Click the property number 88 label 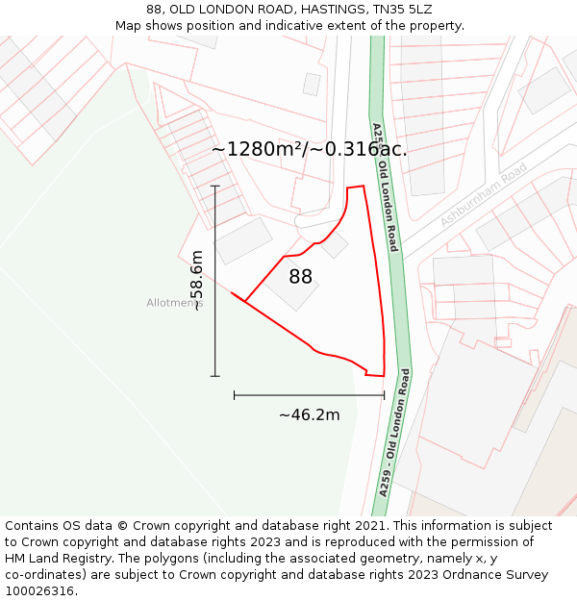click(x=300, y=277)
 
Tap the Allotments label click(x=174, y=303)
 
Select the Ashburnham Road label click(x=484, y=195)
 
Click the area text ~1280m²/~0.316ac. click(x=309, y=149)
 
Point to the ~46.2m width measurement click(x=309, y=414)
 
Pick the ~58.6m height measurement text click(x=197, y=281)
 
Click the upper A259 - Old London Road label click(x=385, y=188)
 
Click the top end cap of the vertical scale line click(x=214, y=186)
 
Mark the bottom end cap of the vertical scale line click(x=214, y=376)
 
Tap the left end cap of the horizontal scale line click(x=234, y=394)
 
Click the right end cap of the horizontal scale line click(x=384, y=394)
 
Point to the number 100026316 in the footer click(x=39, y=591)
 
